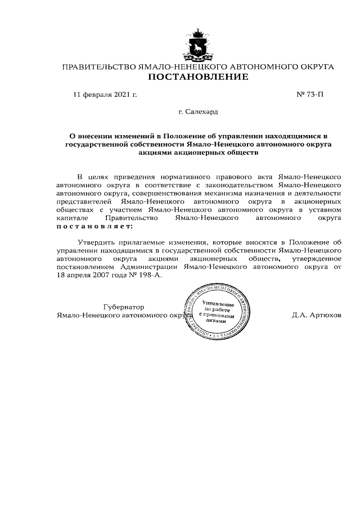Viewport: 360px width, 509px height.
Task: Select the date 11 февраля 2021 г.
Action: click(105, 94)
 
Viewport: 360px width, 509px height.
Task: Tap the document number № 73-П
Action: click(309, 94)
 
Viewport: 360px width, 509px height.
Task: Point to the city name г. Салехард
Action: click(198, 112)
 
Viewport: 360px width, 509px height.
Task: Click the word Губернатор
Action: click(124, 307)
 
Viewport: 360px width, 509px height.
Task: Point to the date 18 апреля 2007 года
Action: click(93, 276)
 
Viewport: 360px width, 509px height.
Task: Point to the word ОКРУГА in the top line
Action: click(316, 67)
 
